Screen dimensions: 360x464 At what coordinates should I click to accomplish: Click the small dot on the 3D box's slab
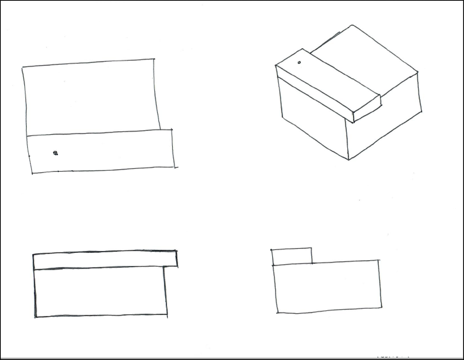pyautogui.click(x=299, y=62)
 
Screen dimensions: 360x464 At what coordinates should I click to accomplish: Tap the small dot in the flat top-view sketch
pyautogui.click(x=55, y=153)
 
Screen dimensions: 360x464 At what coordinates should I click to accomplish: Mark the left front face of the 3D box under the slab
pyautogui.click(x=313, y=118)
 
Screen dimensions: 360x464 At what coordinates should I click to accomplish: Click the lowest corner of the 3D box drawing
pyautogui.click(x=349, y=160)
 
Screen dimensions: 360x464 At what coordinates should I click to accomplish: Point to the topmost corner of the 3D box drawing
pyautogui.click(x=352, y=25)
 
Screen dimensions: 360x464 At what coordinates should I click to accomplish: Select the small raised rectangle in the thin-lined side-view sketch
pyautogui.click(x=292, y=256)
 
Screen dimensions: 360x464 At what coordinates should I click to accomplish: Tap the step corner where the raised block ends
pyautogui.click(x=312, y=263)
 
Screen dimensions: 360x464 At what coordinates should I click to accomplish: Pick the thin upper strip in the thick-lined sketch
pyautogui.click(x=105, y=260)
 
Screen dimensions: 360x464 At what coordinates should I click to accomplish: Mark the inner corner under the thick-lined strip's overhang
pyautogui.click(x=164, y=266)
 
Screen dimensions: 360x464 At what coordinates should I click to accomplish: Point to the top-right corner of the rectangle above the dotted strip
pyautogui.click(x=154, y=59)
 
